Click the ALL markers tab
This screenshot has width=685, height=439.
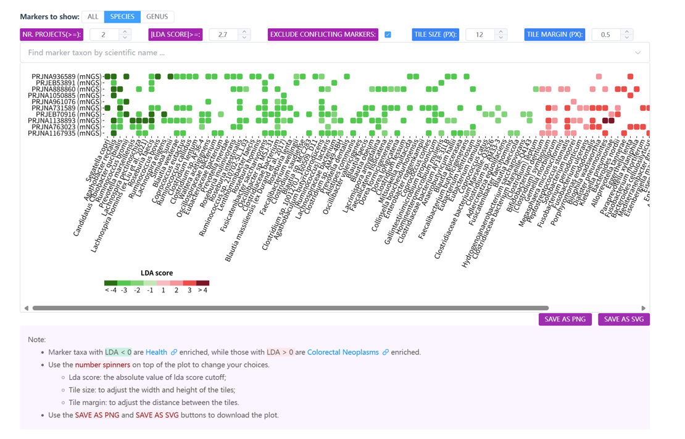coord(93,17)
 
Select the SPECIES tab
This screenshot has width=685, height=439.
coord(122,17)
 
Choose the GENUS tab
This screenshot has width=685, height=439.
coord(157,17)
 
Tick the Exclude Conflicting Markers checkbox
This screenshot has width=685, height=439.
coord(388,35)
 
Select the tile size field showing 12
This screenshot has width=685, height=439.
coord(479,35)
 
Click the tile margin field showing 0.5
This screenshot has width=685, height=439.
coord(605,35)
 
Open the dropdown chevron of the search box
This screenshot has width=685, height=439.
coord(637,53)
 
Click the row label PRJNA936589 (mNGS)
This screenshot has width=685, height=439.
coord(66,76)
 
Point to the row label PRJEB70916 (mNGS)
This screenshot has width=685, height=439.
coord(69,114)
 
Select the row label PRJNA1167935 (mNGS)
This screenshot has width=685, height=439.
coord(66,133)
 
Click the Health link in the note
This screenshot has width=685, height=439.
coord(156,352)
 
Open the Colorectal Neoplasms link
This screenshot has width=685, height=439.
coord(342,352)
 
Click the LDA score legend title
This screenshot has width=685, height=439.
coord(157,273)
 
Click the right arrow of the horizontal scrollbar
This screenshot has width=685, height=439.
coord(643,308)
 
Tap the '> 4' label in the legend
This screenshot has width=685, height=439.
coord(202,290)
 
